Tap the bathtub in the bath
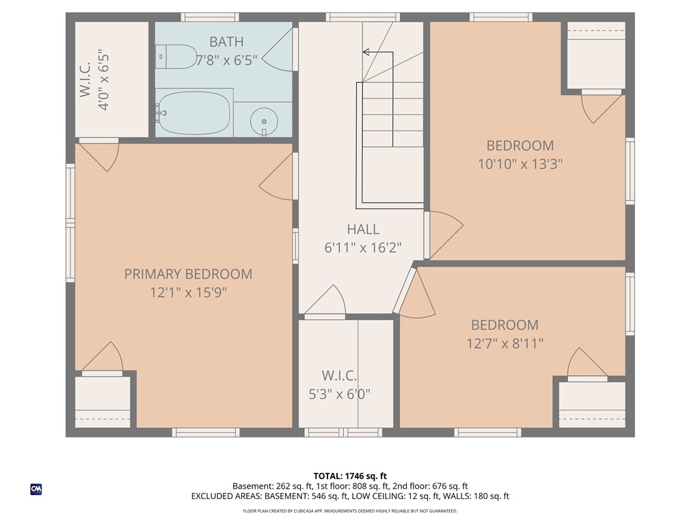point(193,113)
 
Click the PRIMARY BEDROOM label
point(188,274)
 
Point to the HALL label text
point(362,230)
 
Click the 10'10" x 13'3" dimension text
point(520,164)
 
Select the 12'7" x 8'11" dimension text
point(504,343)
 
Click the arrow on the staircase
point(367,52)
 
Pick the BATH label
point(226,42)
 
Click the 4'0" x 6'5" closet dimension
point(104,80)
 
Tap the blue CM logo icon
point(36,489)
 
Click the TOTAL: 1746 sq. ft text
point(350,476)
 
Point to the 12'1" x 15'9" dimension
point(188,293)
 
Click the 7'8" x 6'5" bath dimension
point(226,61)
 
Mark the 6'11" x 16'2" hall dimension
point(362,247)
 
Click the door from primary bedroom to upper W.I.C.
point(100,154)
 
